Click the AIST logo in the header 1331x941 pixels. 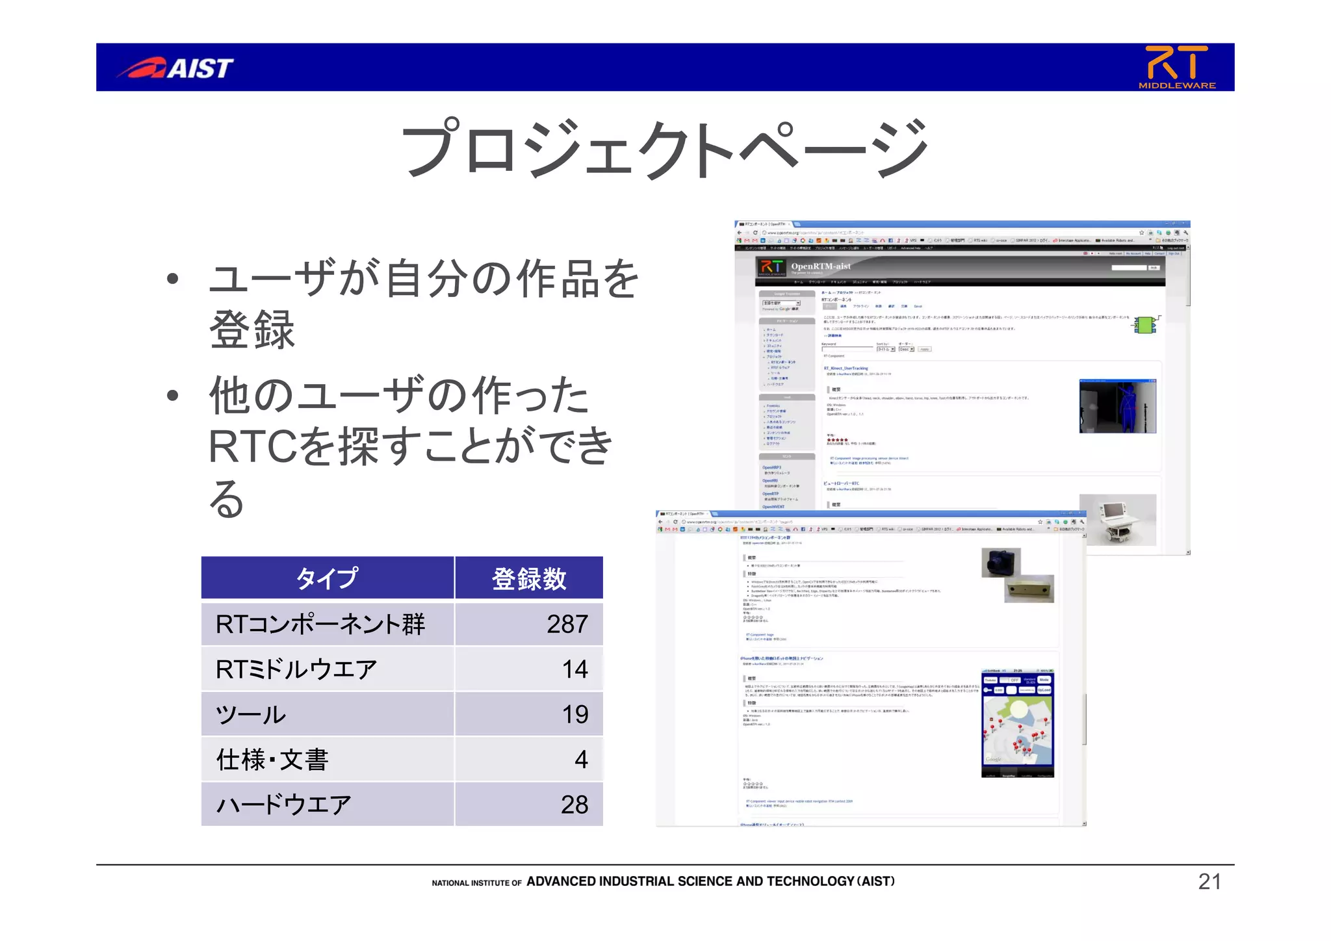pyautogui.click(x=175, y=68)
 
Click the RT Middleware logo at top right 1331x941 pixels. pyautogui.click(x=1176, y=67)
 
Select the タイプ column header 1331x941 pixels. pyautogui.click(x=327, y=578)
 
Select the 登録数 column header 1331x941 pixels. pyautogui.click(x=529, y=578)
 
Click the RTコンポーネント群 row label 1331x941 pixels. pyautogui.click(x=320, y=624)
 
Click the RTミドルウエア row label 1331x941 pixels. pyautogui.click(x=296, y=669)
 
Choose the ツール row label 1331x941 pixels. pyautogui.click(x=251, y=714)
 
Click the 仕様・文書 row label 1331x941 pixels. pyautogui.click(x=272, y=759)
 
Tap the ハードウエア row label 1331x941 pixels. pyautogui.click(x=283, y=805)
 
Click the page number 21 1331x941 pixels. pyautogui.click(x=1209, y=882)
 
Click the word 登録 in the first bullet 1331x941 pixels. pyautogui.click(x=252, y=330)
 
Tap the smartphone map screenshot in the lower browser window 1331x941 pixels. pyautogui.click(x=1017, y=723)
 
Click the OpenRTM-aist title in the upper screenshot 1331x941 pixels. pyautogui.click(x=820, y=266)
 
